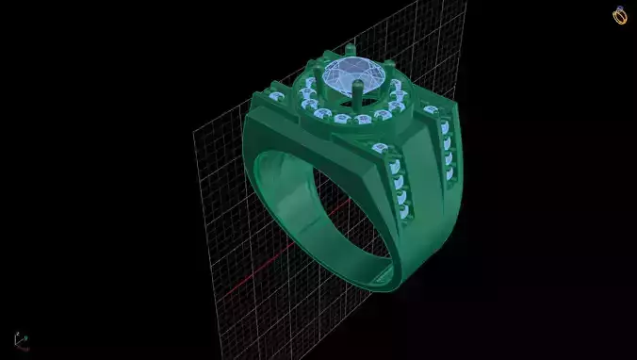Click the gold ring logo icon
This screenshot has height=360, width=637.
619,15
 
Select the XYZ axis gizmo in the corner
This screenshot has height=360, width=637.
20,339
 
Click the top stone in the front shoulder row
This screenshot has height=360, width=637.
381,149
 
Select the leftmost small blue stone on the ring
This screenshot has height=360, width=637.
274,97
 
